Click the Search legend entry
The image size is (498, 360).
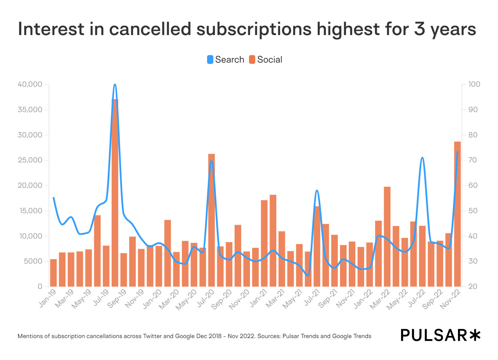tap(226, 59)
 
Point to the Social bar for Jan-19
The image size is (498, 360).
tap(53, 273)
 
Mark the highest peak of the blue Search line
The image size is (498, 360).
tap(115, 85)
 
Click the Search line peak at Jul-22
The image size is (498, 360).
tap(422, 158)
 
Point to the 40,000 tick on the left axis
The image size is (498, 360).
tap(30, 84)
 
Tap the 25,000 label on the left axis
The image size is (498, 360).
tap(30, 160)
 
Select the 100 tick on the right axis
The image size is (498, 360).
tap(474, 84)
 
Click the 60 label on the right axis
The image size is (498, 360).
tap(473, 185)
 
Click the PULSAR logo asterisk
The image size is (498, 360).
tap(475, 335)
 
